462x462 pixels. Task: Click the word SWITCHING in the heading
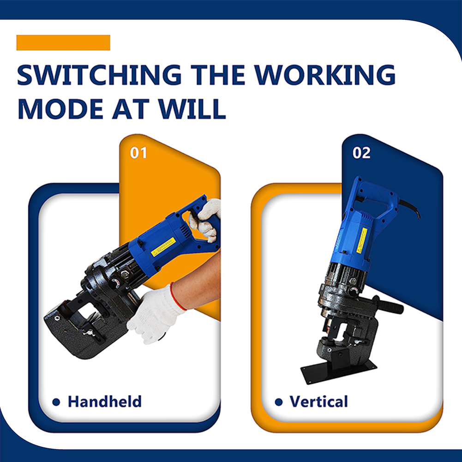point(99,75)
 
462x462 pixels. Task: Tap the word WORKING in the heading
point(325,75)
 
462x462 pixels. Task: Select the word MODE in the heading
point(60,109)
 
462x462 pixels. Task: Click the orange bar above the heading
point(63,43)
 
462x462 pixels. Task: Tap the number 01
point(138,153)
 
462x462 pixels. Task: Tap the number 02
point(361,153)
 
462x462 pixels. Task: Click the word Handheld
point(105,401)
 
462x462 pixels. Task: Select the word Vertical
point(318,401)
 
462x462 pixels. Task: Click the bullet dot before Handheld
point(56,402)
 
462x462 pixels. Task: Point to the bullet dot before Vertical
point(278,402)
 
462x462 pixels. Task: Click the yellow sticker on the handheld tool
point(163,246)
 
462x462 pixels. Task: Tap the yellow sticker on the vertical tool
point(362,240)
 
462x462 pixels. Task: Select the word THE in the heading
point(218,75)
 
